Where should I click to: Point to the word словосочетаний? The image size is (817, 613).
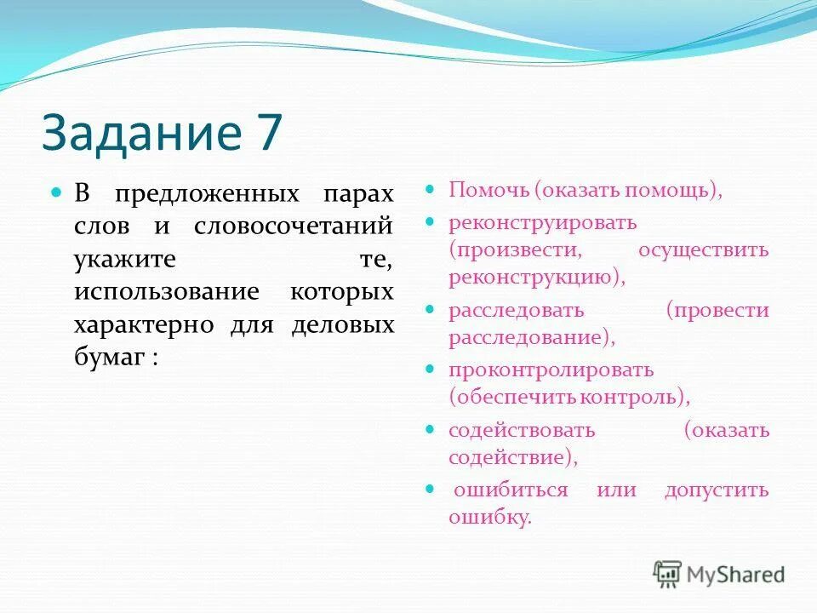(x=294, y=226)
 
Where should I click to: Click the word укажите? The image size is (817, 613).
(x=124, y=260)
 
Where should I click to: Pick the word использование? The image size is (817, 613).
(x=166, y=293)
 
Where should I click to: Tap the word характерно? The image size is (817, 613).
(x=144, y=326)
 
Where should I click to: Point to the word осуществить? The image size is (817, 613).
(x=703, y=250)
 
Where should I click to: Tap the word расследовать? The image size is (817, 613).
(x=517, y=311)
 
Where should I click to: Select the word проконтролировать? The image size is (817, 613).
(x=551, y=370)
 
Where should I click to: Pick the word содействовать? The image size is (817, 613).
(x=522, y=431)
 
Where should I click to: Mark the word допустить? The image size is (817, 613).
(x=717, y=490)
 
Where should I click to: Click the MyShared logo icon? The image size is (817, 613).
(x=668, y=574)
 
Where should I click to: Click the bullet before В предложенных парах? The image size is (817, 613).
(x=57, y=193)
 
